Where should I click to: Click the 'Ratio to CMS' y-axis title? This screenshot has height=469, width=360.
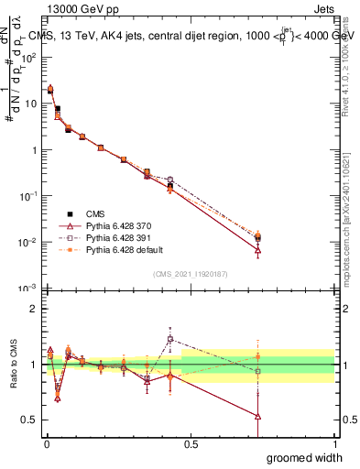12,364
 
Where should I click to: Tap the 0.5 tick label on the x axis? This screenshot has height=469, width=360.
190,444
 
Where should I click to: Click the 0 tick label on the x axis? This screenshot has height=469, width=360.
46,444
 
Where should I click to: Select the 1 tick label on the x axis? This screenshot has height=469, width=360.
334,444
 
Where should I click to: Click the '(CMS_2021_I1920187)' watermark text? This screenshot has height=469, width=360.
191,273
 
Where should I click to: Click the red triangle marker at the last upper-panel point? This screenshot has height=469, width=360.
258,250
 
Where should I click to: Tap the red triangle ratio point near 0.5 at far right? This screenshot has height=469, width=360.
258,416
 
